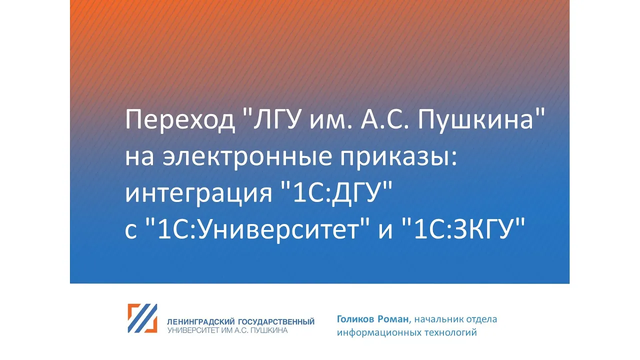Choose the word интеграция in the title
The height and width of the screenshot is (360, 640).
coord(198,195)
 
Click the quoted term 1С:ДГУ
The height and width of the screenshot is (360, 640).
coord(337,193)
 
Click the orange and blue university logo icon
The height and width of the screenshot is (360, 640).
coord(142,318)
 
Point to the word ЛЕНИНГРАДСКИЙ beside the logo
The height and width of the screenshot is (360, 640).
coord(201,322)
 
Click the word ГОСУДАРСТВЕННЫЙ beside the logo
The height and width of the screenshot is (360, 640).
coord(276,322)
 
